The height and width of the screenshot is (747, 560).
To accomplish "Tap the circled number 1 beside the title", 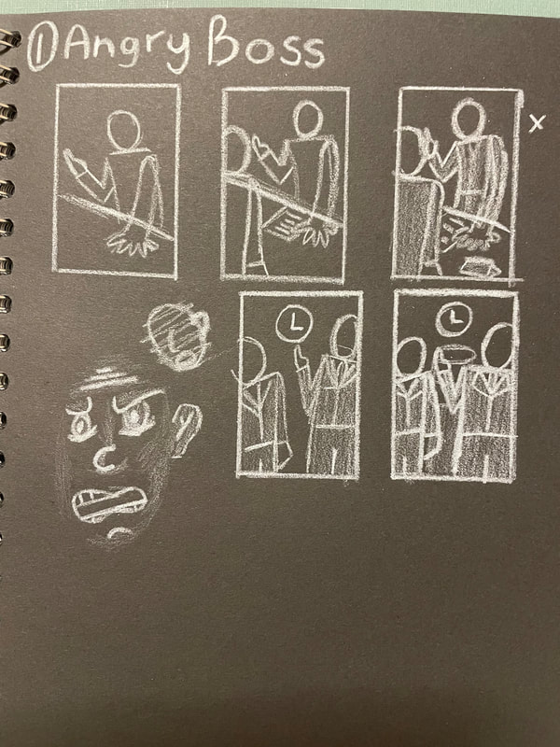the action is (42, 46).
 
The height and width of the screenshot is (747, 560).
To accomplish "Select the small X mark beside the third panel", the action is (537, 123).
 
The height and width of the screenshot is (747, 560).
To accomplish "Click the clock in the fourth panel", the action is (294, 324).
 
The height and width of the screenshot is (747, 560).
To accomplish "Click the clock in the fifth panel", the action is (454, 317).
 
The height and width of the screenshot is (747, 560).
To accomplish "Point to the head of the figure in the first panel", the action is (124, 131).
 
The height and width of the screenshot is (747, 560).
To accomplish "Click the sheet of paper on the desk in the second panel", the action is (286, 223).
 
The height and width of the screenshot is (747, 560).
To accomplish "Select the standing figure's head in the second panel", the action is (308, 120).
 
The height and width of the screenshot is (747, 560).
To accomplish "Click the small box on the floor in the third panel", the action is (480, 266).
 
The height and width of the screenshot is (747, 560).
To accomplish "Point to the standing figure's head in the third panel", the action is (469, 118).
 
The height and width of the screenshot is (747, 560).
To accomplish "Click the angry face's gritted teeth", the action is (109, 503).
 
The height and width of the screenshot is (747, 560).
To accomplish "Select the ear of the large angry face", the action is (186, 428).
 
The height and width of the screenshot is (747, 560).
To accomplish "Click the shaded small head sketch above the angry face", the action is (177, 337).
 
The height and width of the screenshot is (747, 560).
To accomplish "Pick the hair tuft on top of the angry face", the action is (106, 378).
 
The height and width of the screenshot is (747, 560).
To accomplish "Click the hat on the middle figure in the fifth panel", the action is (455, 354).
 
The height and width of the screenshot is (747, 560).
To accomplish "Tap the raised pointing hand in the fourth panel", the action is (300, 358).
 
